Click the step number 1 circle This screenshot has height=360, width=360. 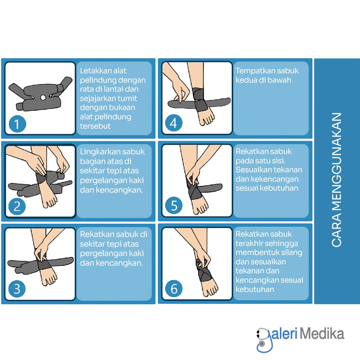pos(18,124)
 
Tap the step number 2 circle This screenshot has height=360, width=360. pos(17,206)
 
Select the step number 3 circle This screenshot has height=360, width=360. pos(17,289)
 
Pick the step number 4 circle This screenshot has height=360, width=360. pos(174,123)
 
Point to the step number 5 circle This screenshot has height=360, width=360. pos(174,205)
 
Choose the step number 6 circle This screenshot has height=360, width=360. pos(174,288)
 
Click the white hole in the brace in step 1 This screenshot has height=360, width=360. pos(43,98)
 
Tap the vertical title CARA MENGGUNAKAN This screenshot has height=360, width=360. pos(336,180)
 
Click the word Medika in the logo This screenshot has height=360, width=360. pos(322,334)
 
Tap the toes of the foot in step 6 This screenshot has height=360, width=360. pos(211,291)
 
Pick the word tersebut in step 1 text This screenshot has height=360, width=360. pos(95,126)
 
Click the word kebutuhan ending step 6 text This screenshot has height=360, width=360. pos(255,290)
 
